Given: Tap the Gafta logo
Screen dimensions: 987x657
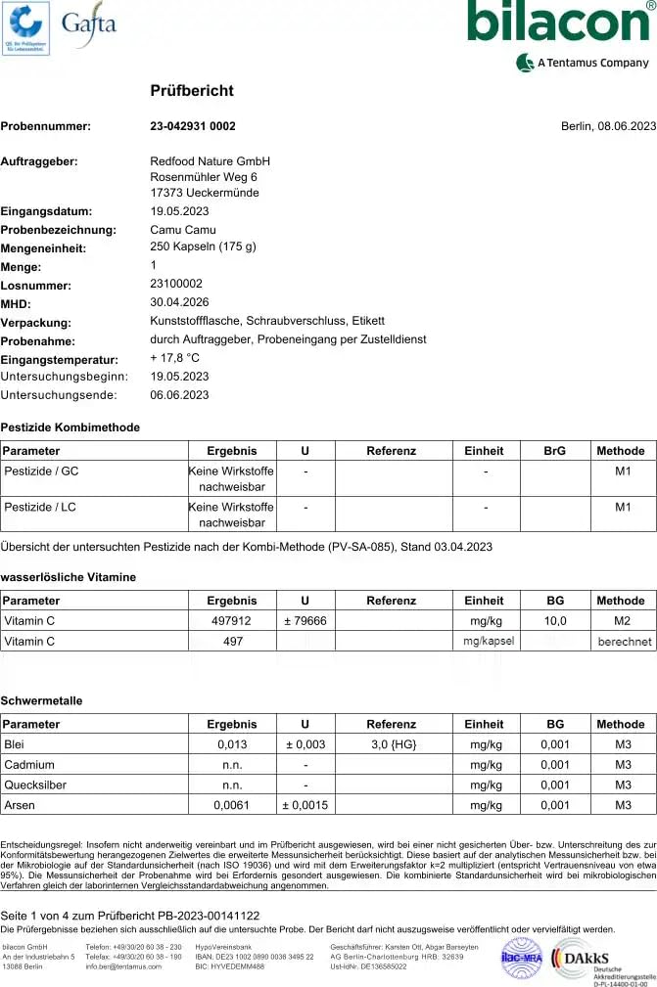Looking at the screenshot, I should click(88, 23).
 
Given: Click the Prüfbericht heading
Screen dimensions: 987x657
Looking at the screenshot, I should click(192, 91).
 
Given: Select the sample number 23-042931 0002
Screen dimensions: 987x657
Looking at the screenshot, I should click(193, 126).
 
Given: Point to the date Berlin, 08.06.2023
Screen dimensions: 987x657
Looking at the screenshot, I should click(608, 126).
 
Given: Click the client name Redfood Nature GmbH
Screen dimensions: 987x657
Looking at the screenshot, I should click(210, 161).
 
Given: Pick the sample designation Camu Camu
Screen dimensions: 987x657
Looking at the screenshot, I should click(180, 230).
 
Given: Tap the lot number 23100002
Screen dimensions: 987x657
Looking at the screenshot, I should click(176, 284).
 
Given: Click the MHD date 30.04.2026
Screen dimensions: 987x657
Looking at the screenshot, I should click(179, 302).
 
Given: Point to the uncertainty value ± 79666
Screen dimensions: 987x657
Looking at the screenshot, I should click(305, 621).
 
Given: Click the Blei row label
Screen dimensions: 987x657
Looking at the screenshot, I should click(16, 744).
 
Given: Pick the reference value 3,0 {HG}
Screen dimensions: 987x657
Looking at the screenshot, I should click(391, 744).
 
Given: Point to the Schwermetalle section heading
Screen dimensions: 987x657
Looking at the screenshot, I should click(41, 701).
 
